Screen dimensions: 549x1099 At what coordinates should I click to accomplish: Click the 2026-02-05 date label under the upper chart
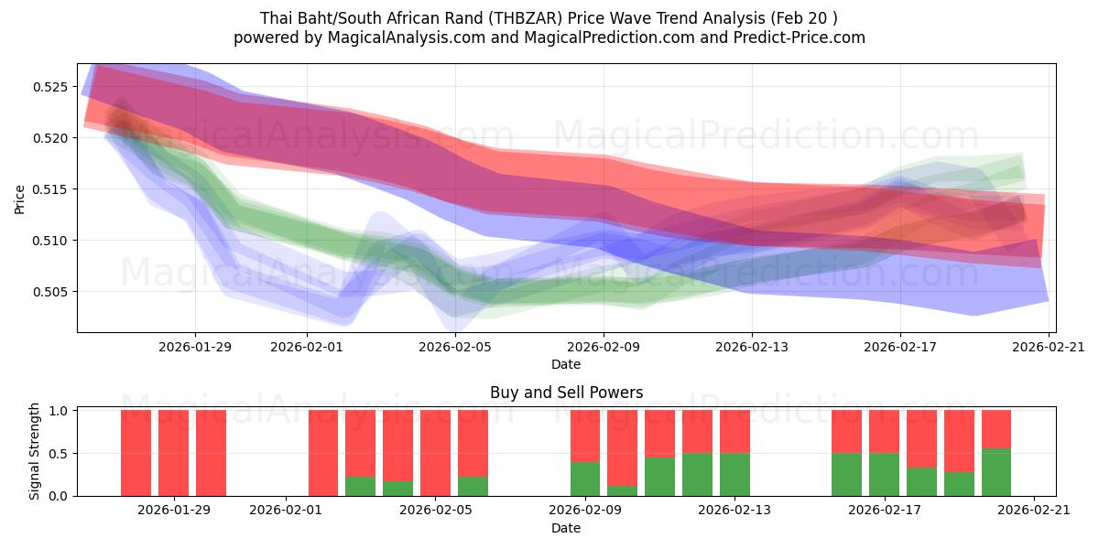coord(455,347)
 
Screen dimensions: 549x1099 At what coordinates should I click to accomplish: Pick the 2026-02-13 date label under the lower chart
coord(734,510)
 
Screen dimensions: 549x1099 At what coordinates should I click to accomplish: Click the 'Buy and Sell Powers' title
coord(566,393)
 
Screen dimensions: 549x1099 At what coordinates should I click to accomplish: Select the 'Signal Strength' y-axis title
coord(34,451)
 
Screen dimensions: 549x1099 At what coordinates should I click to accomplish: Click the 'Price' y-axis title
coord(19,198)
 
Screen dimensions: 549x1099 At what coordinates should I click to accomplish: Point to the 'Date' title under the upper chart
coord(566,364)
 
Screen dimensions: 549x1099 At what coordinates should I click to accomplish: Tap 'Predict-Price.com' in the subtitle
coord(803,38)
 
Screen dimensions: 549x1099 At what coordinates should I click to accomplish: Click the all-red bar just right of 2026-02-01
coord(323,453)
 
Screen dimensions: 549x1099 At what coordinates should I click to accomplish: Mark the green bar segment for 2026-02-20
coord(996,472)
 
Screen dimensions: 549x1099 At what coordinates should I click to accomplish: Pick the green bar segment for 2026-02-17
coord(884,474)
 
